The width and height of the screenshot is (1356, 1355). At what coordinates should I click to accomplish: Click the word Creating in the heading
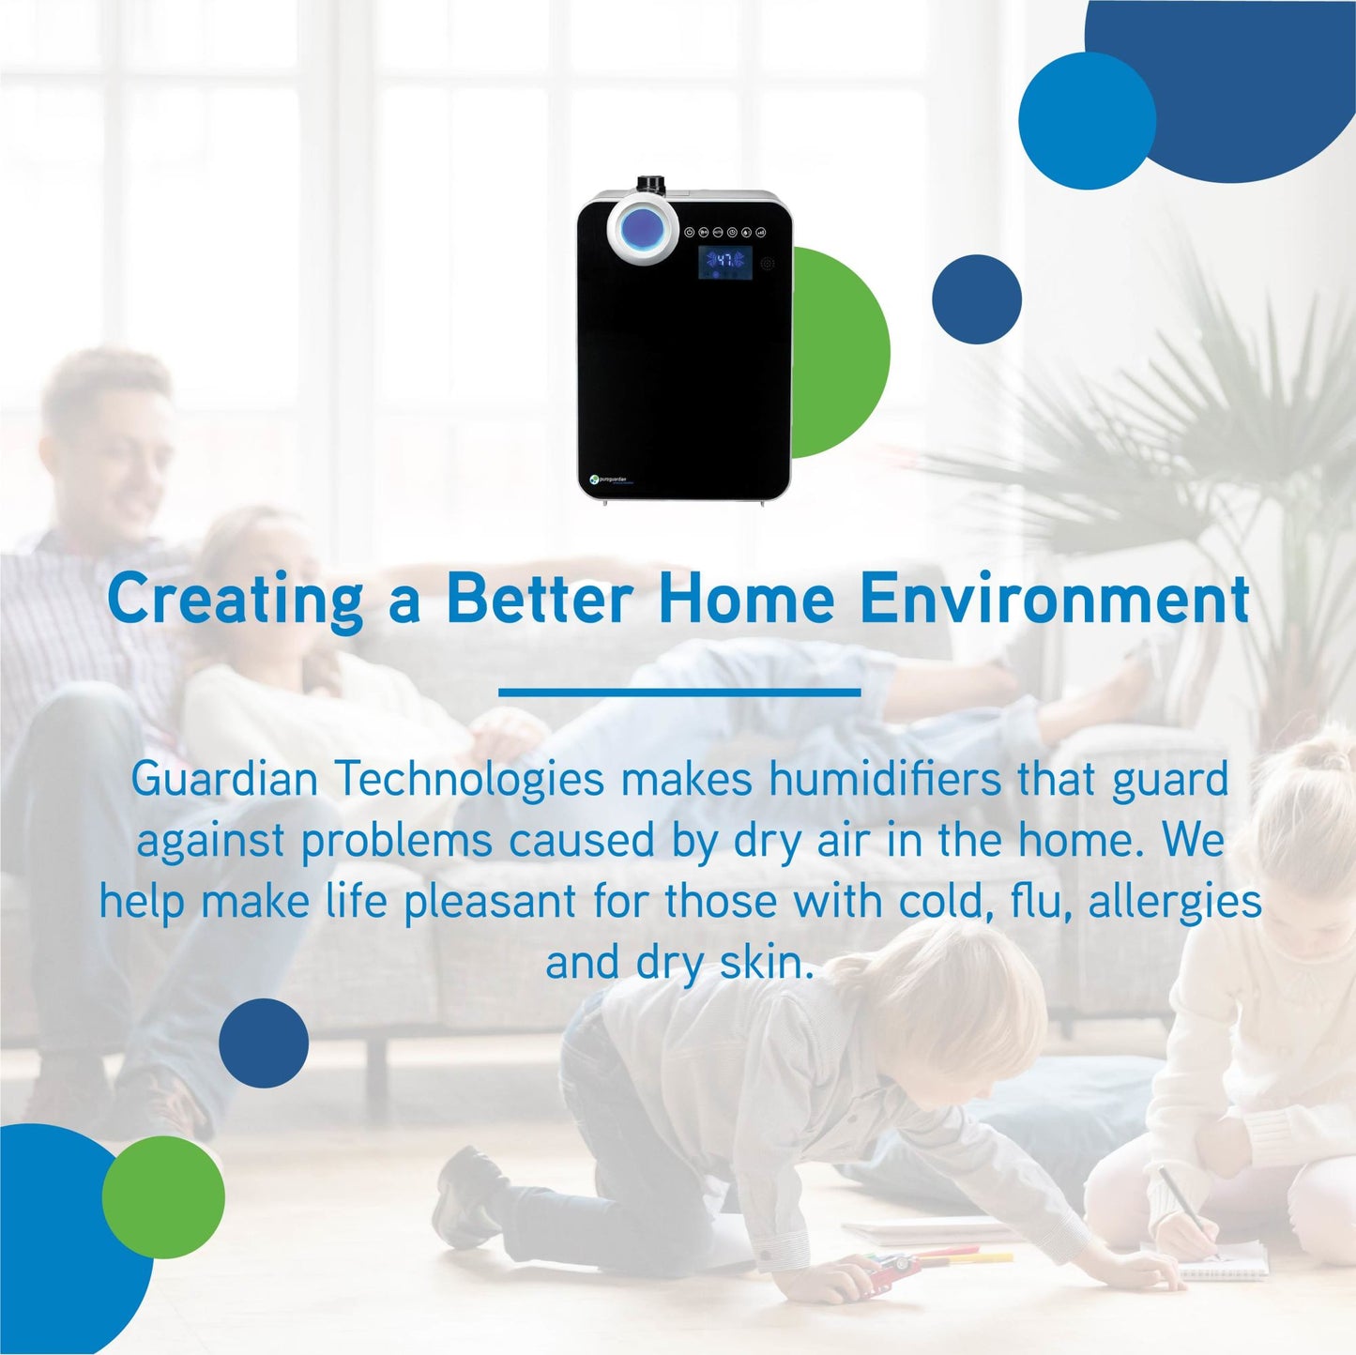(235, 600)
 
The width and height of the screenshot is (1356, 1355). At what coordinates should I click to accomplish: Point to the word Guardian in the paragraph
(224, 779)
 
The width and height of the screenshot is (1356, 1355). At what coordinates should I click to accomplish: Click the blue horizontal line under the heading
(679, 693)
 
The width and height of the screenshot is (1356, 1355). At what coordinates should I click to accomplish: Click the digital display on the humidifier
(724, 263)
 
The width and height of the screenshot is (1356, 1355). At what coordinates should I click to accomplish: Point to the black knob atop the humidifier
(649, 184)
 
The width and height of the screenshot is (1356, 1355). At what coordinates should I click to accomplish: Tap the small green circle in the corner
(163, 1196)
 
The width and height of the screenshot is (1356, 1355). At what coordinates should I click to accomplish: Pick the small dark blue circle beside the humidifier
(976, 299)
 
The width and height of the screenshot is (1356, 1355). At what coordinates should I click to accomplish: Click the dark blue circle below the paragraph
(264, 1043)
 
